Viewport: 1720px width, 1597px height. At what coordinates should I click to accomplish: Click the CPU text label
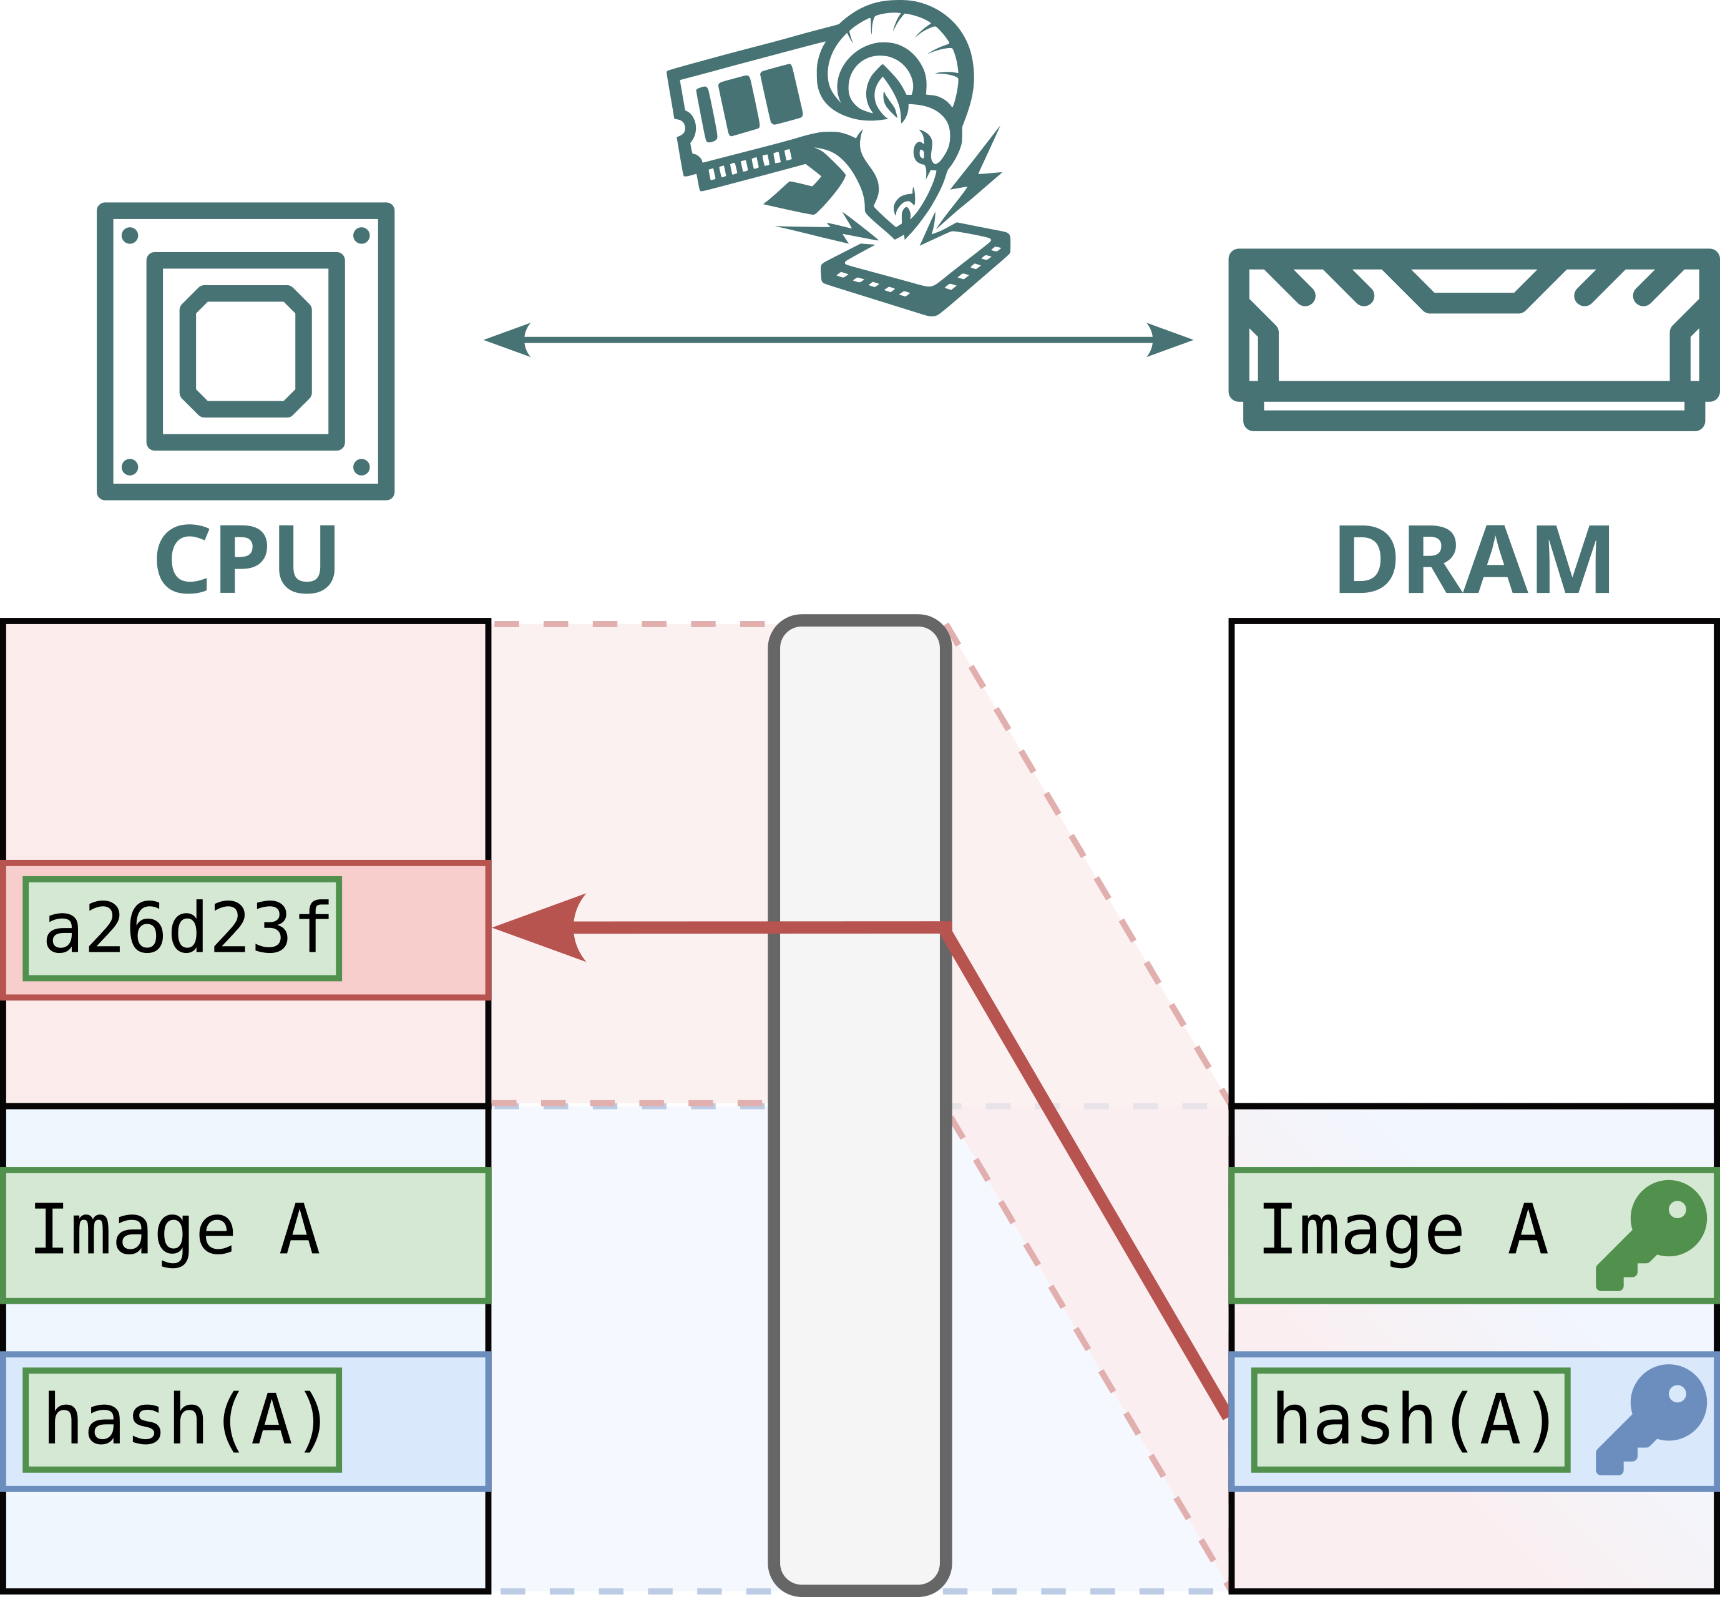click(x=247, y=559)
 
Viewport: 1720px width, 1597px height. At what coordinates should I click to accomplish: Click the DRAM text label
click(x=1473, y=559)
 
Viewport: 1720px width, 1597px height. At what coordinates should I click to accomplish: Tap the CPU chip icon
click(x=245, y=351)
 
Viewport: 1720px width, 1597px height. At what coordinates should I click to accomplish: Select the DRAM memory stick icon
click(x=1473, y=339)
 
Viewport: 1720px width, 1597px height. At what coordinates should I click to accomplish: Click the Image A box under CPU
click(x=245, y=1236)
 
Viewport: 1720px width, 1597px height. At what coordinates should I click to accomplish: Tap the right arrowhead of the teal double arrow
click(x=1170, y=339)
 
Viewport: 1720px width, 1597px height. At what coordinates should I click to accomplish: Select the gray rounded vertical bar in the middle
click(x=860, y=1105)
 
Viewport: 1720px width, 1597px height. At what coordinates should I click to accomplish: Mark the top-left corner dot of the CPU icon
click(x=130, y=235)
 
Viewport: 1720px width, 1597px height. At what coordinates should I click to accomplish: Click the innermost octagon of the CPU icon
click(x=245, y=351)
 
